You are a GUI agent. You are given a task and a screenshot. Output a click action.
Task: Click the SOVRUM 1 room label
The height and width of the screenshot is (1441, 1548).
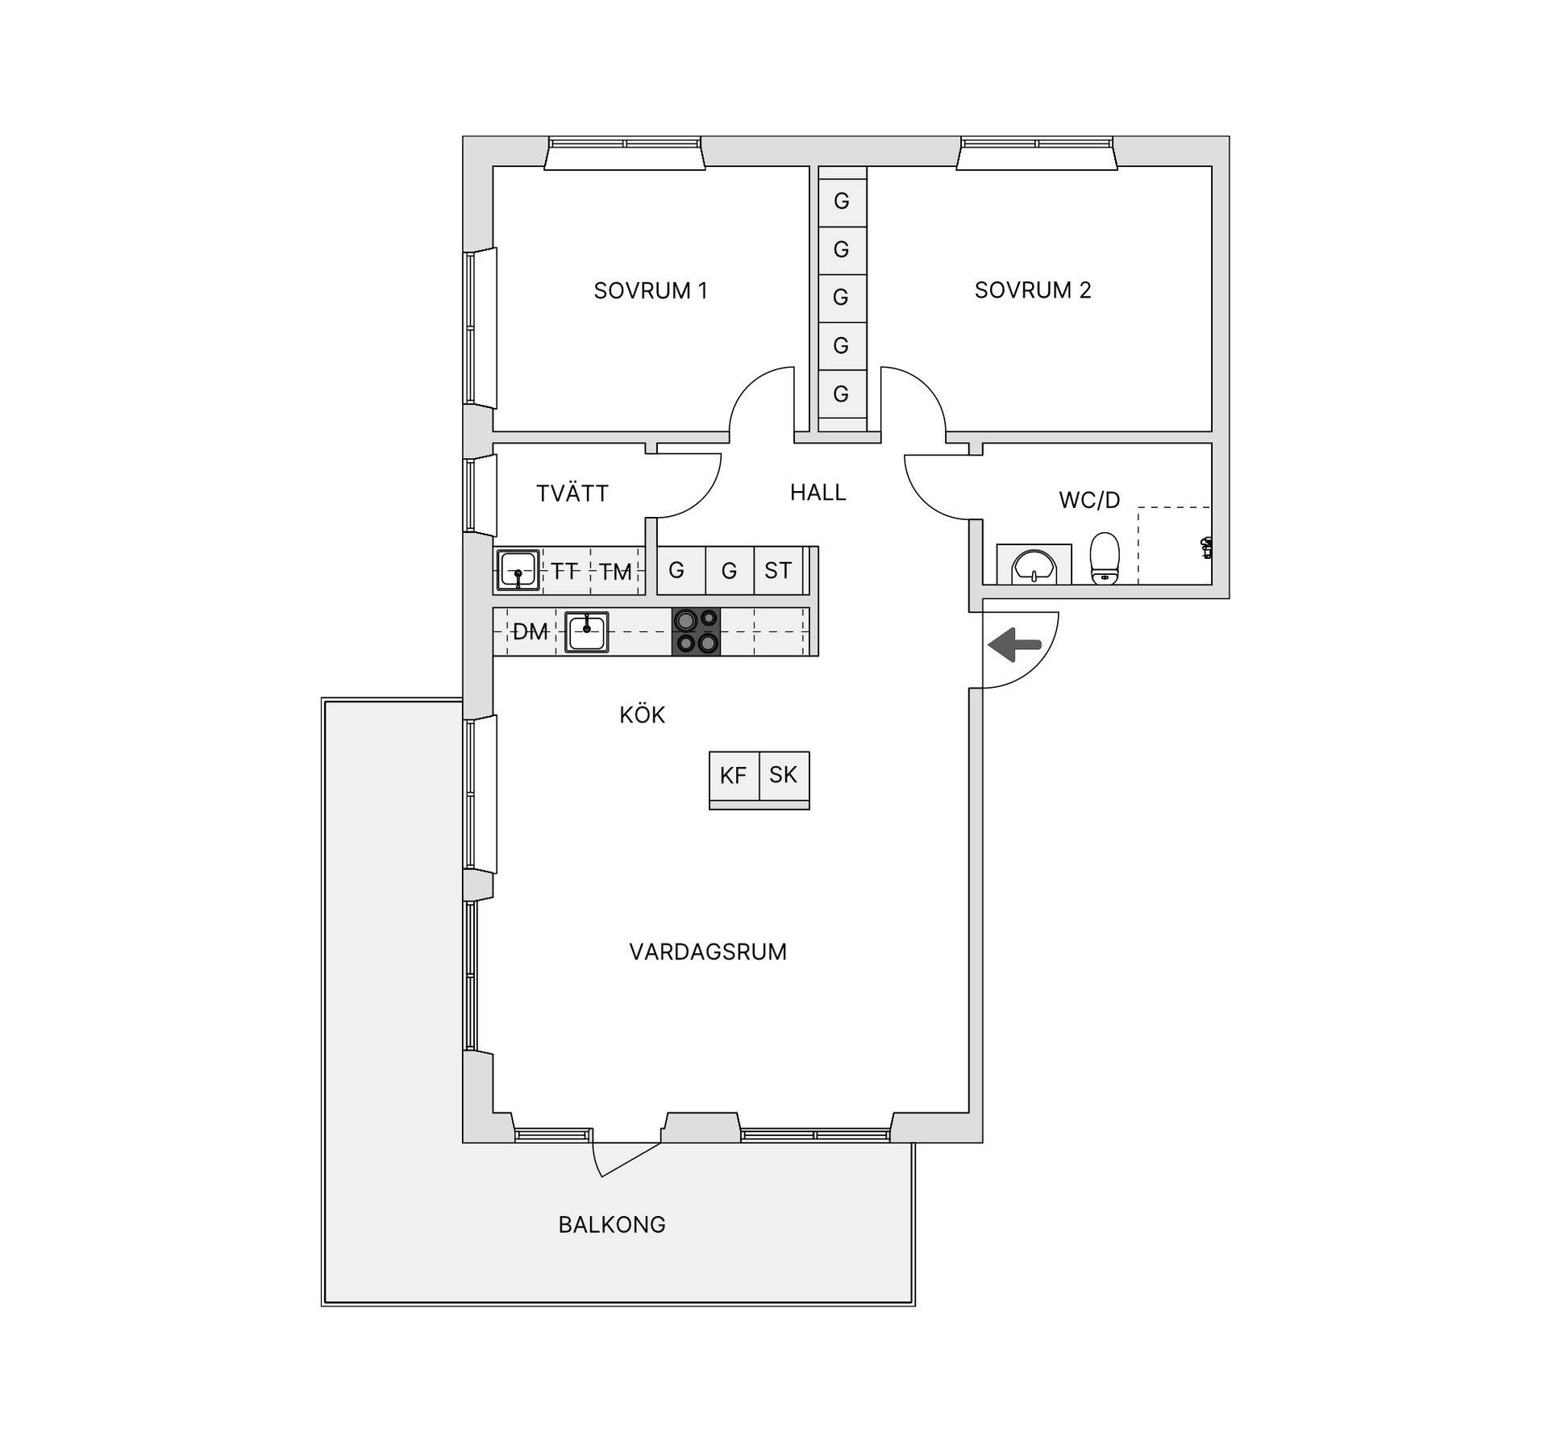(651, 290)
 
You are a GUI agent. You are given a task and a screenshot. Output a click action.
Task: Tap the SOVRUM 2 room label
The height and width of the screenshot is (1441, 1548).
(1033, 290)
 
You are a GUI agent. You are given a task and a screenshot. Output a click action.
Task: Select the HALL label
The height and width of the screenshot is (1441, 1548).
(818, 493)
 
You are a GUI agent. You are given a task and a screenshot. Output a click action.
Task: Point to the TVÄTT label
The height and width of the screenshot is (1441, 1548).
(572, 494)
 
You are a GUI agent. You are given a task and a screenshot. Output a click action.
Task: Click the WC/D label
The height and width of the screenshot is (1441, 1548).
(1089, 500)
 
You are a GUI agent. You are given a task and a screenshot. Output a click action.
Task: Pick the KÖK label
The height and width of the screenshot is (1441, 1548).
(643, 714)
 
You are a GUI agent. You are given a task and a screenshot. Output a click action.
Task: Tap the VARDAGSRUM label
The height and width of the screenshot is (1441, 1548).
(708, 952)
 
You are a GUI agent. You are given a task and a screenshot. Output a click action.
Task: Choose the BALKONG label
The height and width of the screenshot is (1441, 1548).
(612, 1224)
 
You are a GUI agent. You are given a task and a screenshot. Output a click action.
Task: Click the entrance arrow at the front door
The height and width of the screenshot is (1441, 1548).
(1014, 645)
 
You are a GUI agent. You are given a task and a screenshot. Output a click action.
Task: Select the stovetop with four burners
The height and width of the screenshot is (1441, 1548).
(696, 631)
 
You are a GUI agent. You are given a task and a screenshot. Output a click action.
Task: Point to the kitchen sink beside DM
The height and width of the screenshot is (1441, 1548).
(587, 631)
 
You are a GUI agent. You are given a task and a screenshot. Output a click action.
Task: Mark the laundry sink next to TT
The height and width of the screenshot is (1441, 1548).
(518, 570)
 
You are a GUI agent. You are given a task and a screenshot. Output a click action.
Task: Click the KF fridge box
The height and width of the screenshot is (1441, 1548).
(734, 776)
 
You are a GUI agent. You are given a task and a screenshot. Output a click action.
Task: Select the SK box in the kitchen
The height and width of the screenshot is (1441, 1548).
(784, 776)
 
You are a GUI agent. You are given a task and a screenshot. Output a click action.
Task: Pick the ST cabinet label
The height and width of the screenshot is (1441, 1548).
(778, 571)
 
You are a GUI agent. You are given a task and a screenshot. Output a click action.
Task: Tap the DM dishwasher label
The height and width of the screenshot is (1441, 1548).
(530, 632)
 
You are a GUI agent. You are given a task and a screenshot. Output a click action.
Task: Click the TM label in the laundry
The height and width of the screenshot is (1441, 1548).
(616, 573)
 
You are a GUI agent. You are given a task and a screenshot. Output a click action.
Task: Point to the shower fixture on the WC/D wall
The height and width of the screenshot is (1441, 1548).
(1206, 548)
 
